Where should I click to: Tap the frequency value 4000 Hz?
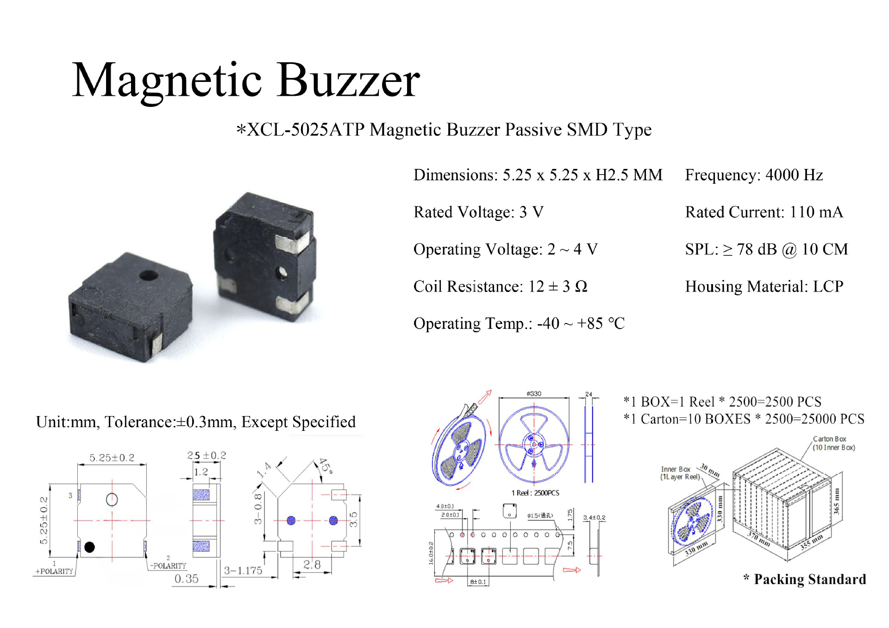coord(794,175)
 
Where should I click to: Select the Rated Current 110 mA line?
coord(764,212)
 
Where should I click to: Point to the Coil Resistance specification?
coord(500,286)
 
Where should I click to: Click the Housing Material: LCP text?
coord(764,286)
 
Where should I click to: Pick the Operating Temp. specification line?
coord(519,323)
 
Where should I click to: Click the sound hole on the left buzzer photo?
coord(149,276)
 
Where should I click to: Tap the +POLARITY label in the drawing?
coord(55,571)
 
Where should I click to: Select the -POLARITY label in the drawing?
coord(168,566)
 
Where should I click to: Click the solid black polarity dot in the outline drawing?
coord(90,547)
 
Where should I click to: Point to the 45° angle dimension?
coord(326,466)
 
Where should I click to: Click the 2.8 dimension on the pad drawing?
coord(312,565)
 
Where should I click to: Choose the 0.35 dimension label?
coord(186,578)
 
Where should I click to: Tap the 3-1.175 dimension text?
coord(243,570)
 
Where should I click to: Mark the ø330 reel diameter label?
coord(533,394)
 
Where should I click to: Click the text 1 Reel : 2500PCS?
coord(535,493)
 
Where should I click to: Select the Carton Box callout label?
coord(829,439)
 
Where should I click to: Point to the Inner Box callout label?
coord(676,469)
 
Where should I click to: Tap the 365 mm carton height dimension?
coord(836,501)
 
